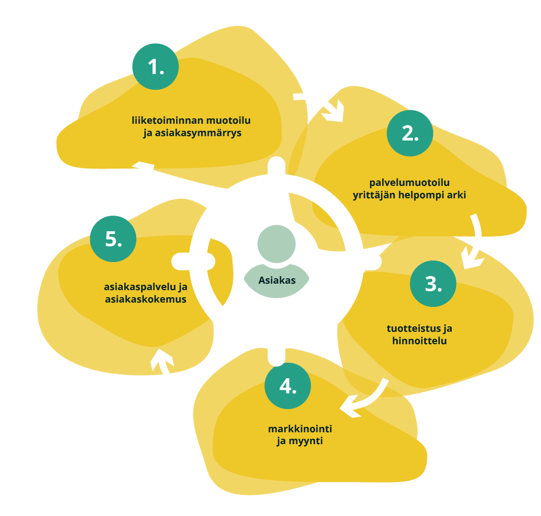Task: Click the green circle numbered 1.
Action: [156, 66]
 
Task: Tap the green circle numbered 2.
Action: [410, 133]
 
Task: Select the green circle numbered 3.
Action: [433, 284]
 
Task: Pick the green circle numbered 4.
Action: [288, 386]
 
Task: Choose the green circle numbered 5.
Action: [113, 239]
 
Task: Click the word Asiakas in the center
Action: [277, 280]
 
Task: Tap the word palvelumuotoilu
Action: [409, 183]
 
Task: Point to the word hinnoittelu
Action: [419, 341]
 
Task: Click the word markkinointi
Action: [299, 429]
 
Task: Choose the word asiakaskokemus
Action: [145, 299]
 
